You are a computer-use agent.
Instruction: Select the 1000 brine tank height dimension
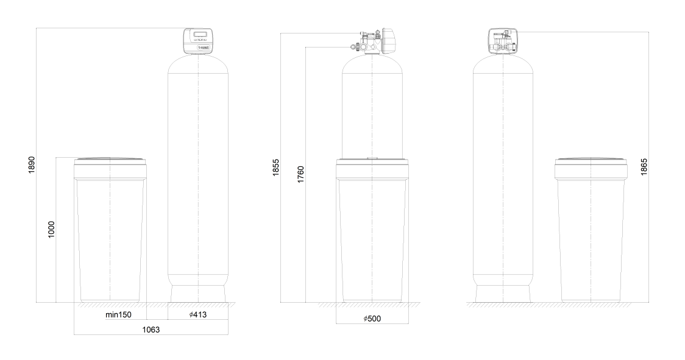tap(52, 229)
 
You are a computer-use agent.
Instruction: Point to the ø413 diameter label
tap(199, 316)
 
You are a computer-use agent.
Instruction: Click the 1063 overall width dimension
tap(151, 329)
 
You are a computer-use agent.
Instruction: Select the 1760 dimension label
tap(300, 174)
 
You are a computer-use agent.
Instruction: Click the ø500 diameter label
tap(372, 319)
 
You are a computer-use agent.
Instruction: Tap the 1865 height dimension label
tap(644, 166)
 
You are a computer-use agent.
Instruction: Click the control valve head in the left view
tap(198, 41)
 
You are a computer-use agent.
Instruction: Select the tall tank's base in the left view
tap(199, 294)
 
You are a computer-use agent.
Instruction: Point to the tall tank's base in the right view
tap(503, 294)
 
